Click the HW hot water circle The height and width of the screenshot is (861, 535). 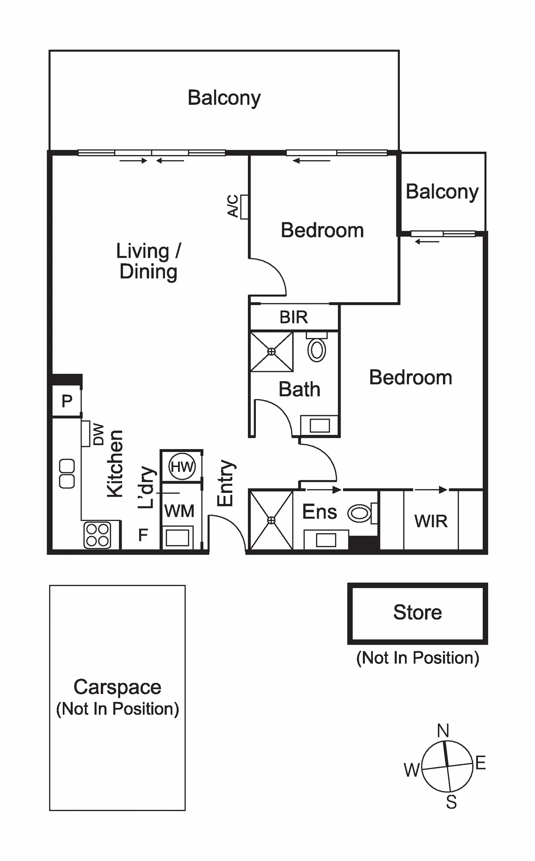click(x=182, y=466)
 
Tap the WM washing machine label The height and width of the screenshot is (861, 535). click(x=179, y=511)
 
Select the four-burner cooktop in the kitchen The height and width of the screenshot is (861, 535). click(x=97, y=535)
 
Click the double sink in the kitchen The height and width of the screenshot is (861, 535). click(x=67, y=474)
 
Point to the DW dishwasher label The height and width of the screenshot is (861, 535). click(x=98, y=434)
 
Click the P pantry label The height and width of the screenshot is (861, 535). click(x=67, y=401)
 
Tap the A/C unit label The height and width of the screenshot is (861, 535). click(x=233, y=206)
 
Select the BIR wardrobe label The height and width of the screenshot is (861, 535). click(x=294, y=317)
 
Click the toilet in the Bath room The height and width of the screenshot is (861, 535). click(x=317, y=350)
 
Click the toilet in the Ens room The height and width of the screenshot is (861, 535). click(x=359, y=513)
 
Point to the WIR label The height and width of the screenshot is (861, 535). click(x=431, y=521)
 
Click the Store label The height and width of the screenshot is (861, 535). click(x=418, y=612)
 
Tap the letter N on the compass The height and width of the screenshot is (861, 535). click(x=443, y=730)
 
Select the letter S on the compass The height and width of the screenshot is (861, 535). click(x=451, y=802)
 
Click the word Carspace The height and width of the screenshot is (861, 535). click(x=117, y=687)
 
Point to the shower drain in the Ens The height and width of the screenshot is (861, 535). click(x=271, y=521)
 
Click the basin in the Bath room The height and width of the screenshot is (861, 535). click(x=319, y=425)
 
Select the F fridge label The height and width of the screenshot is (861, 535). click(x=143, y=535)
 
